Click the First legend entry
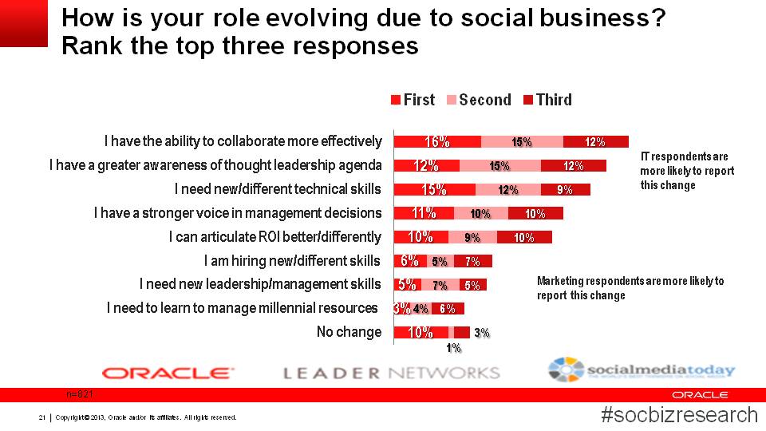[413, 100]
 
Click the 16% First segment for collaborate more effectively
[437, 142]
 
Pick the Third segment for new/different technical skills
[565, 190]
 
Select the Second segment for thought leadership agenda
[499, 166]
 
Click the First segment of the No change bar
[421, 332]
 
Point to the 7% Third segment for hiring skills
[472, 261]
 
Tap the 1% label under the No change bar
[453, 348]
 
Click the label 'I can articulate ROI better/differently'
[275, 237]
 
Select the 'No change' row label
[349, 332]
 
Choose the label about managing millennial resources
[243, 308]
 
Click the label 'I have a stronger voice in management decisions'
[238, 213]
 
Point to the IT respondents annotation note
[687, 171]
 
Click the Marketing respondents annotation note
[630, 288]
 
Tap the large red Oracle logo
[168, 373]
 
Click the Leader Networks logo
[391, 373]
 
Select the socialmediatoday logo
[641, 370]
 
